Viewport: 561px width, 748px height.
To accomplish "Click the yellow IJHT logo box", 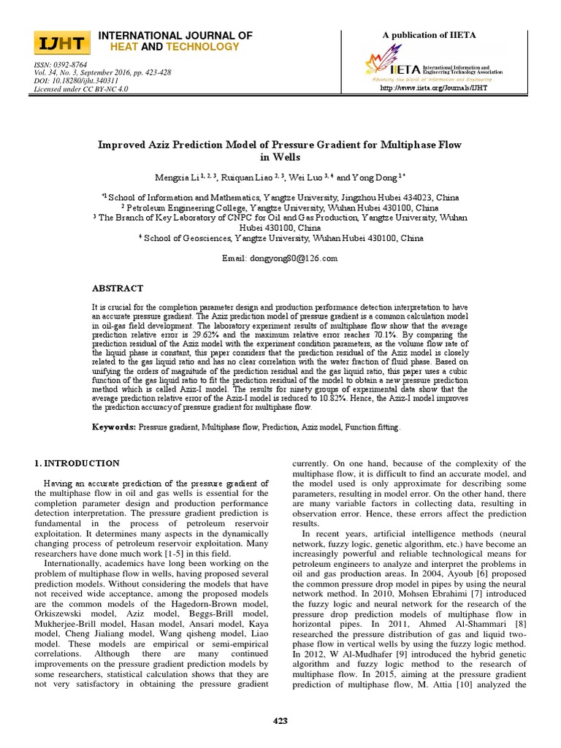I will [62, 43].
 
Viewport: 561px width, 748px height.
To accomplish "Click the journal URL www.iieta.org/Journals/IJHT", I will [433, 88].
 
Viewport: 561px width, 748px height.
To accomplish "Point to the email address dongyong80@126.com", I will [280, 259].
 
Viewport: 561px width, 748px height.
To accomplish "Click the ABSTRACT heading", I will [117, 289].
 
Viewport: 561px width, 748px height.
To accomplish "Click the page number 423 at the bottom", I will [280, 721].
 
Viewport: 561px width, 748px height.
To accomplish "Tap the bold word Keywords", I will [113, 427].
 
